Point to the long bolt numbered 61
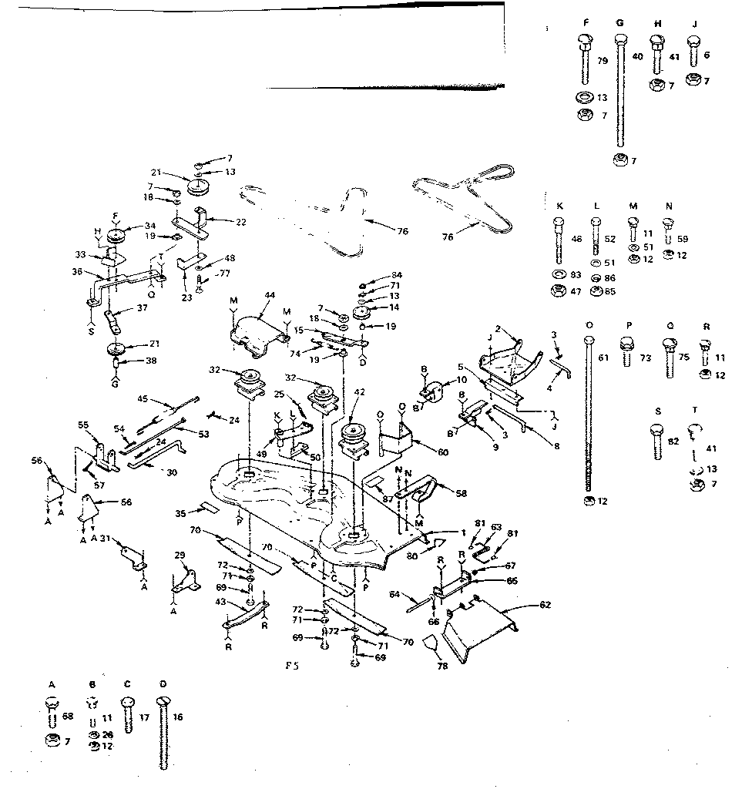589,416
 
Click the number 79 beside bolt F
603,60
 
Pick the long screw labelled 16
163,732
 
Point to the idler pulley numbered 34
118,235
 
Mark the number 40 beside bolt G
637,55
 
